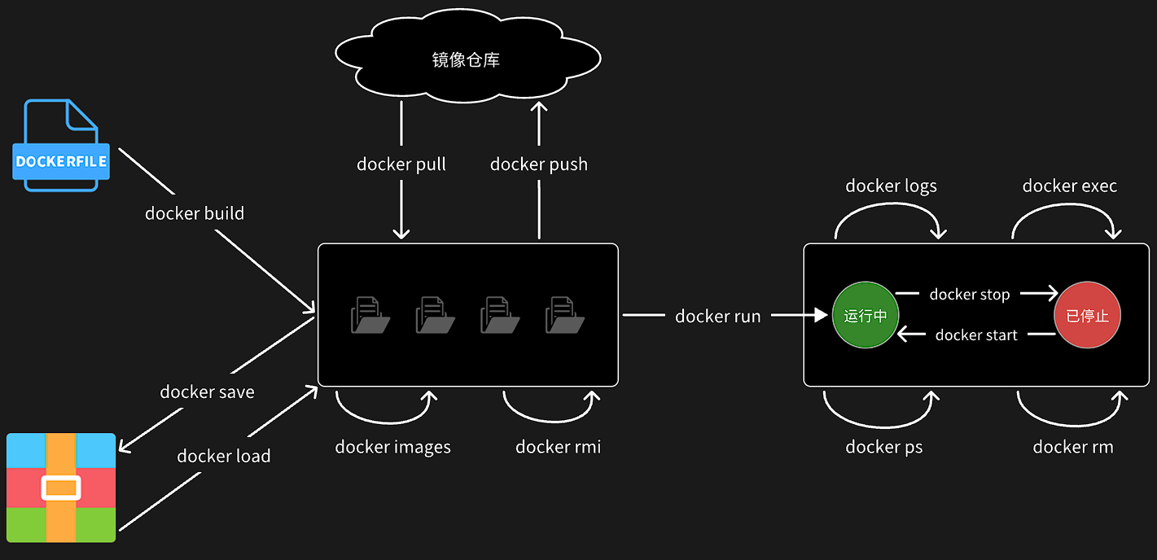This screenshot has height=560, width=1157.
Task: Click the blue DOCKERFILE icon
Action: point(61,147)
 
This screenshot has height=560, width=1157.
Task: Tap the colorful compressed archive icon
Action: point(61,488)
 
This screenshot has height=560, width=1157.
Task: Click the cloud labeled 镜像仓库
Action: point(467,59)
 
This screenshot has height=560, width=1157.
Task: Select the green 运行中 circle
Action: point(865,315)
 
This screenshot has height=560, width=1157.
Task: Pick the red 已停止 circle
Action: point(1087,315)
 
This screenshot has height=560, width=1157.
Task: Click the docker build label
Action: point(195,213)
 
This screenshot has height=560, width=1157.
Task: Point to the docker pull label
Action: point(401,164)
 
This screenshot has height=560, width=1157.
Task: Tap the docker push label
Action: point(539,164)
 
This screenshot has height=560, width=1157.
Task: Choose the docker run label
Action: point(718,316)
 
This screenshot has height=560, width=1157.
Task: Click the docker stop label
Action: point(970,295)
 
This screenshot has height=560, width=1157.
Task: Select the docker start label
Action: point(976,335)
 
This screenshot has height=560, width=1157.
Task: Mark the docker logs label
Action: point(891,186)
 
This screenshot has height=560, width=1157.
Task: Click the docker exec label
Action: point(1070,186)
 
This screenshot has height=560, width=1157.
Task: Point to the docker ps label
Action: point(884,447)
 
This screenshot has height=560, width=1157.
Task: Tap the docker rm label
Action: point(1073,447)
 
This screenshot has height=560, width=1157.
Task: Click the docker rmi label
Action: point(559,447)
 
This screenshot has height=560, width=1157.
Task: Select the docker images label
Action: point(393,447)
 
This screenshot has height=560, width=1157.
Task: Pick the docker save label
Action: point(207,392)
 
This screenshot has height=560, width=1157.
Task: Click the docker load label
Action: point(224,456)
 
